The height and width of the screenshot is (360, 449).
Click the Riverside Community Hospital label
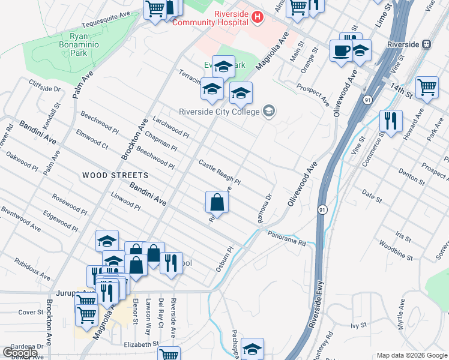coord(210,18)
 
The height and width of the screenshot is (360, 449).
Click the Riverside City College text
coord(219,111)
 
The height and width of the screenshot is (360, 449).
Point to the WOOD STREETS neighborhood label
coord(115,175)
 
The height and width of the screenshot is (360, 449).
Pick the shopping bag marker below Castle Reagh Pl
coord(217,202)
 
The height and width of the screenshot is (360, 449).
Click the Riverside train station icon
coord(427,43)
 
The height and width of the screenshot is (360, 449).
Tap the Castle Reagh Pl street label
coord(220,172)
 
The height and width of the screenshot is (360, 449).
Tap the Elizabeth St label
coord(140,344)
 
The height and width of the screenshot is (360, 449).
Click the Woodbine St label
coord(396,251)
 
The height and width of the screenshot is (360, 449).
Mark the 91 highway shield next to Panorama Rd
coord(322,209)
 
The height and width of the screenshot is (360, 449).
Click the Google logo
coord(20,353)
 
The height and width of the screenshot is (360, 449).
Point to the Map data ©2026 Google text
coord(412,355)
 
